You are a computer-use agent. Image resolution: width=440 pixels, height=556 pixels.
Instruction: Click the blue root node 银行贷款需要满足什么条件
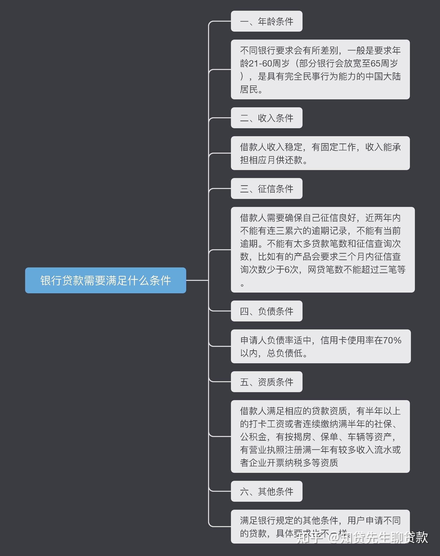[105, 280]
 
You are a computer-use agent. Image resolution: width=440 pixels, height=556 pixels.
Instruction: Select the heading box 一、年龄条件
[266, 21]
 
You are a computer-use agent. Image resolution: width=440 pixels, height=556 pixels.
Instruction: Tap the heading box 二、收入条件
[266, 118]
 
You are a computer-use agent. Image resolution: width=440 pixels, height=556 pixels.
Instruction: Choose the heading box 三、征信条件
[266, 188]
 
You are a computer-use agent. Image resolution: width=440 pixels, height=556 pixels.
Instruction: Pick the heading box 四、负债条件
[266, 311]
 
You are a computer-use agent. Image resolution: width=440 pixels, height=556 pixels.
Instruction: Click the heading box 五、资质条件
[266, 382]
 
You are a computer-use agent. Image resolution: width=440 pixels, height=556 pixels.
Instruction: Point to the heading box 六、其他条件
[266, 491]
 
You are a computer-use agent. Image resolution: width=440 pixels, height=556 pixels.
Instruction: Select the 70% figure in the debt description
[392, 340]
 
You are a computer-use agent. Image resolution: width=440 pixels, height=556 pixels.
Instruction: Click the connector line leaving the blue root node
[197, 280]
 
